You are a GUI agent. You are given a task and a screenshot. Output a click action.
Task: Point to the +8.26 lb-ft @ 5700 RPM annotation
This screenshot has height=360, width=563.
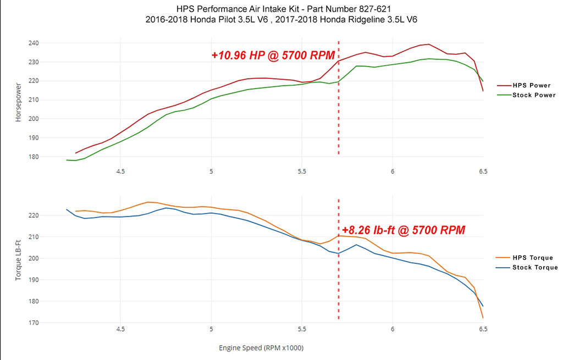point(404,230)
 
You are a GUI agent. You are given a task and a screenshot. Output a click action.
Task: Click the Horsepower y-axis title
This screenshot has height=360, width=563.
point(19,103)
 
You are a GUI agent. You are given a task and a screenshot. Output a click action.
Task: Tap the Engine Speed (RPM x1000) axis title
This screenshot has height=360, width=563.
point(261,348)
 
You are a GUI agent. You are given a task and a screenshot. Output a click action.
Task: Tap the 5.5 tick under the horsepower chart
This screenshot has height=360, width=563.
point(302,171)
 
